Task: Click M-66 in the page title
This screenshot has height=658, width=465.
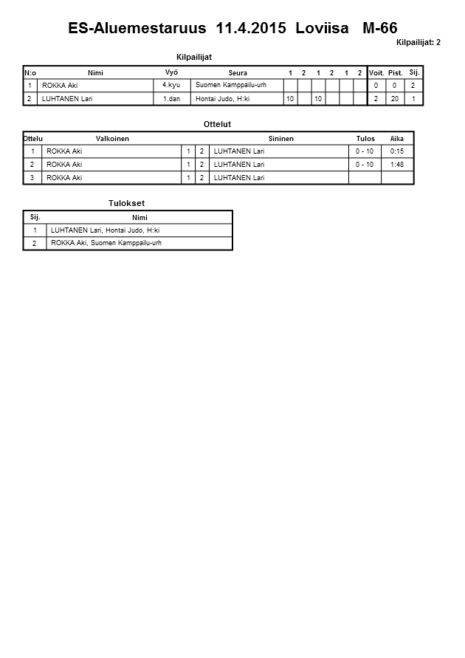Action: pos(381,29)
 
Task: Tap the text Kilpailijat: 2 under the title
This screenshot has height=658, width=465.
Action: pos(418,43)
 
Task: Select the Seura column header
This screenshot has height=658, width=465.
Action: pos(238,72)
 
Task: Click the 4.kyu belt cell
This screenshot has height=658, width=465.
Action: pos(171,85)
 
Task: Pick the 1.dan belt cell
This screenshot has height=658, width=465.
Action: pos(171,98)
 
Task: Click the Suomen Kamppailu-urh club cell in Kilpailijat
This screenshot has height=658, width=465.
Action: pos(230,85)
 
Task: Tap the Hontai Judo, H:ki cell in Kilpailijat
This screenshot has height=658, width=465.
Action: pos(222,98)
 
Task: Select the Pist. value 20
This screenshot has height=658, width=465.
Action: pos(395,98)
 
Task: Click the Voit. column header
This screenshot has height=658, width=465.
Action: pos(376,72)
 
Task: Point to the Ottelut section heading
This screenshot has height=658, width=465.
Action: pos(217,124)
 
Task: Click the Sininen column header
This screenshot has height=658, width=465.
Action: pos(280,139)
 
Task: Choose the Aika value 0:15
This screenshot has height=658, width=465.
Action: pos(397,151)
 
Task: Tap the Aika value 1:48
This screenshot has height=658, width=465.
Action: pos(397,165)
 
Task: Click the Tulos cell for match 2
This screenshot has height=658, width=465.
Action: pos(365,165)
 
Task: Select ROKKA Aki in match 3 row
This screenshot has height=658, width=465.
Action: pos(64,178)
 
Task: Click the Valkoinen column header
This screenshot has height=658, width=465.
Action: pos(112,139)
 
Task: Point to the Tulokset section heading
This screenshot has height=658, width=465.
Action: pos(127,203)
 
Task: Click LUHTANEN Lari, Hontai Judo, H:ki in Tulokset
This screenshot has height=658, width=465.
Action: pos(105,230)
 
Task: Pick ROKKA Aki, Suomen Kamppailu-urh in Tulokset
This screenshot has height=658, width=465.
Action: pos(106,243)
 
